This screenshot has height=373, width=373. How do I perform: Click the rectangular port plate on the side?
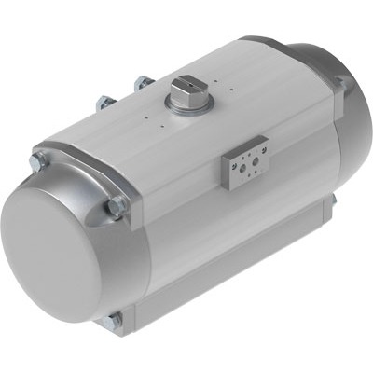(244, 165)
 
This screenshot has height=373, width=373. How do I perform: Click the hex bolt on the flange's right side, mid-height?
(117, 206)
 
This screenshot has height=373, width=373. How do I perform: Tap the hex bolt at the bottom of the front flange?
(114, 320)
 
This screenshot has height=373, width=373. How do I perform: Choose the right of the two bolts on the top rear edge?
(143, 83)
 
